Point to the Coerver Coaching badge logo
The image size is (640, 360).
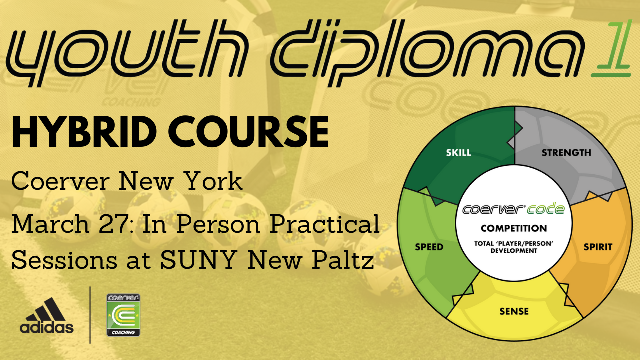tap(123, 315)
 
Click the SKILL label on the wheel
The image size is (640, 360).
tap(459, 153)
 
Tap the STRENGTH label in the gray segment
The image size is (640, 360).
tap(566, 153)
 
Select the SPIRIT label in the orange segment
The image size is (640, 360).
tap(598, 247)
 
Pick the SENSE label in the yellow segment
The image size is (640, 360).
tap(514, 311)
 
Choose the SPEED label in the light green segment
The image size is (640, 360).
tap(429, 247)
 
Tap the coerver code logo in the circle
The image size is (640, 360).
tap(513, 209)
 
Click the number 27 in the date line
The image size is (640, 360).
tap(112, 224)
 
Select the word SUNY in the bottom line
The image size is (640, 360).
tap(197, 260)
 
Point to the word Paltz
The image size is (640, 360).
tap(343, 259)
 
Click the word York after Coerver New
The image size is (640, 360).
tap(213, 181)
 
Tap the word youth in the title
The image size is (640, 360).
tap(125, 53)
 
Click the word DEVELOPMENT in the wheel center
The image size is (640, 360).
tap(514, 251)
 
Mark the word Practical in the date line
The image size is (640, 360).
tap(325, 224)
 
